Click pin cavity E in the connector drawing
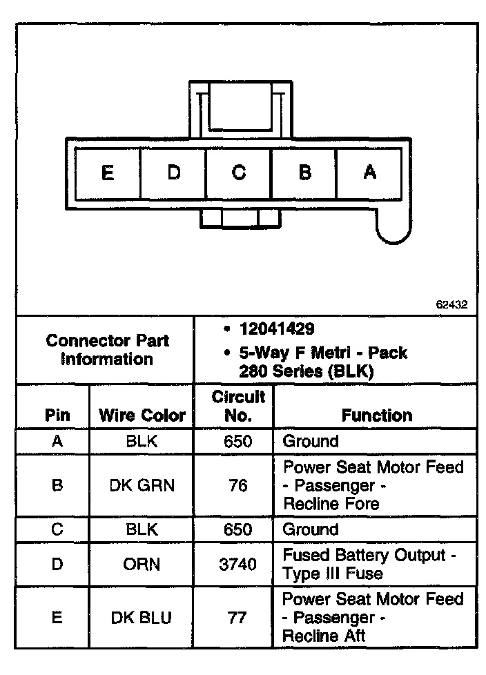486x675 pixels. [107, 173]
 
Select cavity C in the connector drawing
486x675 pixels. [239, 173]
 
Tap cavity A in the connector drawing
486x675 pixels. [370, 173]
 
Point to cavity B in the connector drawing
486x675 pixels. [304, 173]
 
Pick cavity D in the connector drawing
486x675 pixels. [173, 173]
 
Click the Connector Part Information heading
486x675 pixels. [107, 350]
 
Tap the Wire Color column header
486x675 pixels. [143, 415]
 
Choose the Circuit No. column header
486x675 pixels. [238, 407]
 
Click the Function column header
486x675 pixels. [377, 415]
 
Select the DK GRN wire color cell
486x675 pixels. [142, 485]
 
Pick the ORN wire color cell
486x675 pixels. [142, 565]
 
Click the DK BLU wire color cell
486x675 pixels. [142, 618]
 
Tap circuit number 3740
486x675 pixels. [237, 565]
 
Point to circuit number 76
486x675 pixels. [237, 485]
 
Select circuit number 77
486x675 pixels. [237, 618]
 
